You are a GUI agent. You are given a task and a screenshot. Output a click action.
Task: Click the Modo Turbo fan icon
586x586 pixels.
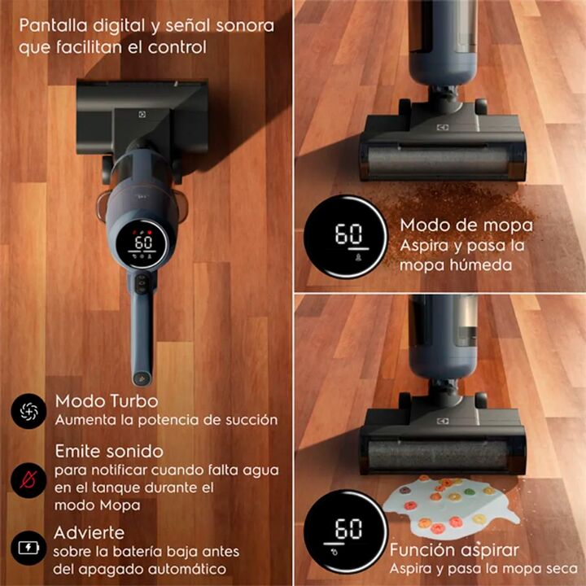tap(28, 411)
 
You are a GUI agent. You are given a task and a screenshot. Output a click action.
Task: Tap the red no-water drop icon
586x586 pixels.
tap(28, 479)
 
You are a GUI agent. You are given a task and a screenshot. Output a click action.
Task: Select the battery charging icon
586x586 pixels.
tap(28, 548)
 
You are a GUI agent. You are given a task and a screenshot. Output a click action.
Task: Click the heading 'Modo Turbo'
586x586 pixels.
tap(107, 401)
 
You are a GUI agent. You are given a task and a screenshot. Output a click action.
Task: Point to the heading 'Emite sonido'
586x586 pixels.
tap(109, 452)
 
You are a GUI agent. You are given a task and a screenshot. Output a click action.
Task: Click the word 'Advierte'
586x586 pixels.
tap(89, 532)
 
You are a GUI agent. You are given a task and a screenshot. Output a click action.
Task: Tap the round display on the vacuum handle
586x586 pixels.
tap(142, 243)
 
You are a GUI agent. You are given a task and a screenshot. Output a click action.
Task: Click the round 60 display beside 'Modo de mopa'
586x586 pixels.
tap(346, 237)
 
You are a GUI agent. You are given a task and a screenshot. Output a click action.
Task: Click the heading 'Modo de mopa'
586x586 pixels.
tap(466, 225)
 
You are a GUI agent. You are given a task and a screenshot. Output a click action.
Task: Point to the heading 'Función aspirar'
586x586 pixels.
tap(454, 550)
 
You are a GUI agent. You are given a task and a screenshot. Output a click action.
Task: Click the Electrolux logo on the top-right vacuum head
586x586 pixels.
tap(443, 128)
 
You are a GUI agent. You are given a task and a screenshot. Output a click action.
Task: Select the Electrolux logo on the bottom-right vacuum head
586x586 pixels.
tap(443, 422)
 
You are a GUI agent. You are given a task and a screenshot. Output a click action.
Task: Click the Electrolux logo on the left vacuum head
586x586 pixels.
tap(142, 115)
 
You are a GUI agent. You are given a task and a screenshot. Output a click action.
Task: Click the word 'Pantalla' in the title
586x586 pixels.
tap(53, 26)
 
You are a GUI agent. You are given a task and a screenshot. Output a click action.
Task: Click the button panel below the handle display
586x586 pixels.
tap(142, 285)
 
